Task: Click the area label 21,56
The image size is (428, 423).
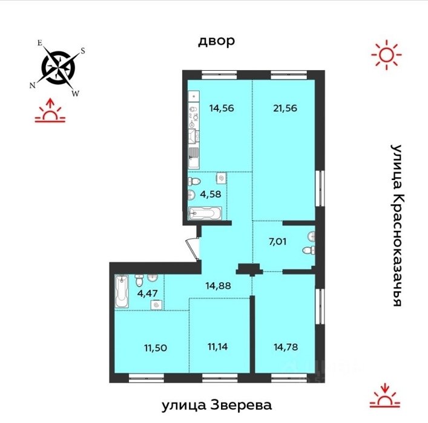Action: [x=285, y=108]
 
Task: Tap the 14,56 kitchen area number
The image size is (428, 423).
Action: [x=222, y=108]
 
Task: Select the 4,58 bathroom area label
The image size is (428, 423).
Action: [x=211, y=195]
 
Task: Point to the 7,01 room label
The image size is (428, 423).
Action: [x=278, y=242]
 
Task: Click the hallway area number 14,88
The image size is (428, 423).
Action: [x=219, y=286]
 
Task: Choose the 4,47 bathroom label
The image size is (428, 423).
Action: [x=147, y=293]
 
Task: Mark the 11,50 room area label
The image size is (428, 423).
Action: [x=156, y=348]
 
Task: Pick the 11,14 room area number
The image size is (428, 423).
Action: [x=217, y=347]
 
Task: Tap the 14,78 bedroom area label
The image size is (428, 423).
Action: [x=286, y=347]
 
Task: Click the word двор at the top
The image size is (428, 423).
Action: [x=216, y=41]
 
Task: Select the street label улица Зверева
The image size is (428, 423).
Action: [x=217, y=405]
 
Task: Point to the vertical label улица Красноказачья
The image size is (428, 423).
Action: [x=397, y=225]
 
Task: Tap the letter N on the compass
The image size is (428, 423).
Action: [x=33, y=86]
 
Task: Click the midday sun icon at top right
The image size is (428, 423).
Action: [x=386, y=54]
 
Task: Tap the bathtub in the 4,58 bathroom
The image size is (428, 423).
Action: [x=205, y=213]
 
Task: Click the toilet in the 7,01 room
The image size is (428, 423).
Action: [x=309, y=250]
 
